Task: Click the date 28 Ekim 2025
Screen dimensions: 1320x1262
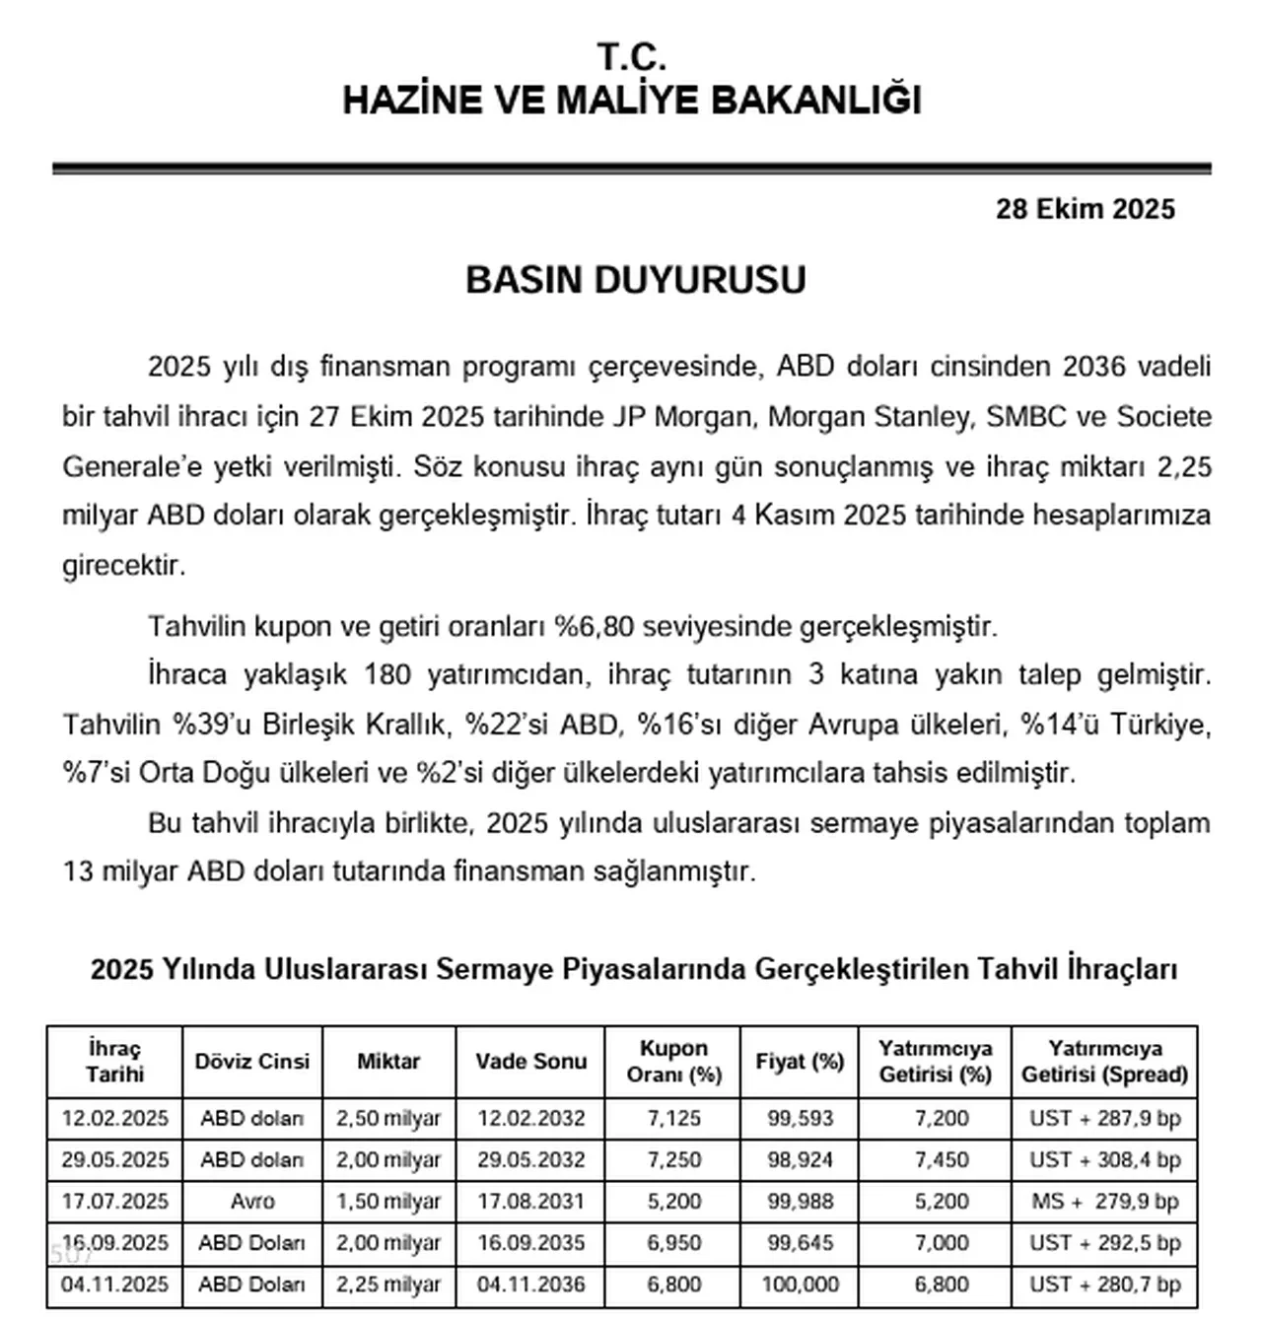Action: (x=1085, y=209)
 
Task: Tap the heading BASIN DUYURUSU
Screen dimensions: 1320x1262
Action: (x=635, y=280)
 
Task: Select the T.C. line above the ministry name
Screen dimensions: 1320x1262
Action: (x=632, y=57)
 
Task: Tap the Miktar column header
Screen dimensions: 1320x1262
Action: (x=388, y=1061)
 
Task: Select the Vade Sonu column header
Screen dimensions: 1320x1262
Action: (x=530, y=1061)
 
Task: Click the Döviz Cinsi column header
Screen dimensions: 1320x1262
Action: (x=251, y=1061)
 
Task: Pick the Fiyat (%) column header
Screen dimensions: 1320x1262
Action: (x=800, y=1061)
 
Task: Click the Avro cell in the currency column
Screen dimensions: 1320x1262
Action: (x=251, y=1201)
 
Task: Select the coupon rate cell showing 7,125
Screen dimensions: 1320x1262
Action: (x=674, y=1118)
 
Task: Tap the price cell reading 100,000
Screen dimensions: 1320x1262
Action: (x=800, y=1285)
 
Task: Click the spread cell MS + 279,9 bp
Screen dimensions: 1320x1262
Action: (x=1104, y=1201)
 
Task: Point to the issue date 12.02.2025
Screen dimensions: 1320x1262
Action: (x=115, y=1118)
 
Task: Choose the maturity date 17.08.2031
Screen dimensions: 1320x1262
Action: (x=530, y=1201)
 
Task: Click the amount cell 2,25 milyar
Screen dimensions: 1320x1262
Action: (x=388, y=1285)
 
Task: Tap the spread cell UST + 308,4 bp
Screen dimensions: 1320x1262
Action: (x=1104, y=1159)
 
